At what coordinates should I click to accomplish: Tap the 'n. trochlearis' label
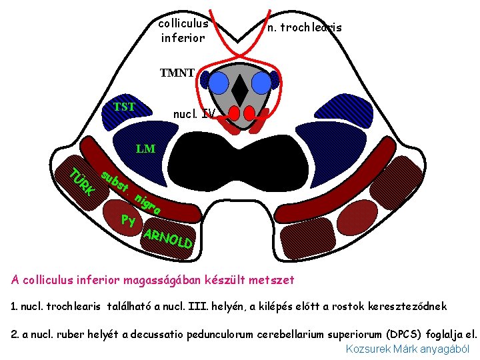click(x=304, y=27)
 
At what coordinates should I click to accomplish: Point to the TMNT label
click(x=177, y=73)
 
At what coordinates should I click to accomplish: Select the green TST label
click(x=124, y=107)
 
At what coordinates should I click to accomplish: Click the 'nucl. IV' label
click(x=194, y=114)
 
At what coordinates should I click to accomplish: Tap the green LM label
click(x=145, y=149)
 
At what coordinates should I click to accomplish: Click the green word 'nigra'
click(x=147, y=204)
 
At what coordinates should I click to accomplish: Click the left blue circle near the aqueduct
click(x=219, y=82)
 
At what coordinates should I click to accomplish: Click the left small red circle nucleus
click(x=232, y=113)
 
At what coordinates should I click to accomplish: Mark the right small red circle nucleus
click(x=251, y=113)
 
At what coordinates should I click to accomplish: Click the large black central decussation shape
click(x=241, y=160)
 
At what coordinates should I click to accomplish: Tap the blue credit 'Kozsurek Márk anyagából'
click(x=407, y=349)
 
